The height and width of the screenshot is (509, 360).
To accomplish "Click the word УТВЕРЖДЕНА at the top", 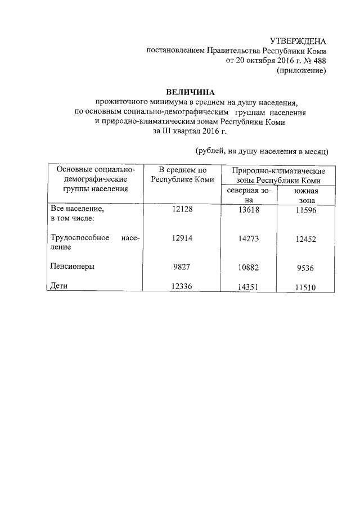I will tap(298, 41).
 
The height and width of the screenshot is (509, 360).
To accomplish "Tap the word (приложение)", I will tap(301, 71).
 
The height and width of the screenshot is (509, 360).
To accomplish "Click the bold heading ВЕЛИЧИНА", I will tap(191, 92).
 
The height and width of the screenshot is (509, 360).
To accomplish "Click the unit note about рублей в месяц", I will tap(262, 151).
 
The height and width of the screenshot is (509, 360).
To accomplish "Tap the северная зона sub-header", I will tap(249, 195).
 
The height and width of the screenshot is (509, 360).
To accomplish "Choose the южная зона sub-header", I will tap(307, 195).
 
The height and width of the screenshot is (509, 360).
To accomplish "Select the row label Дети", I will tap(59, 286).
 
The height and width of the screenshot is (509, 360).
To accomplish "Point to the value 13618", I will tap(249, 209).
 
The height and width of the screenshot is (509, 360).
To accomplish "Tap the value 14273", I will tap(249, 238).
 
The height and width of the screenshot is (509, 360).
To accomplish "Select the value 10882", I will tap(249, 267).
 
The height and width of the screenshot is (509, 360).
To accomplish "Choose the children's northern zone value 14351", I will tap(249, 287).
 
